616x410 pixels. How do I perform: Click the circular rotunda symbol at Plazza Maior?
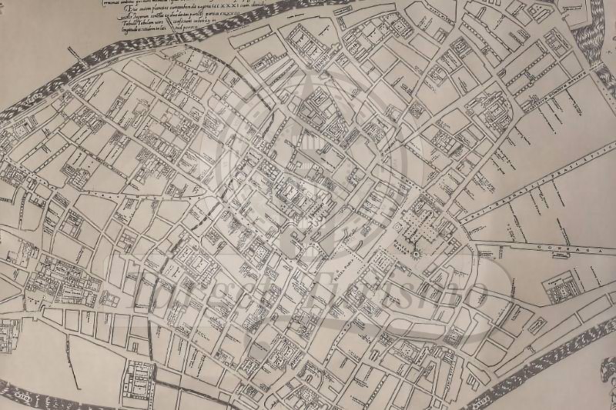click(x=414, y=254)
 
